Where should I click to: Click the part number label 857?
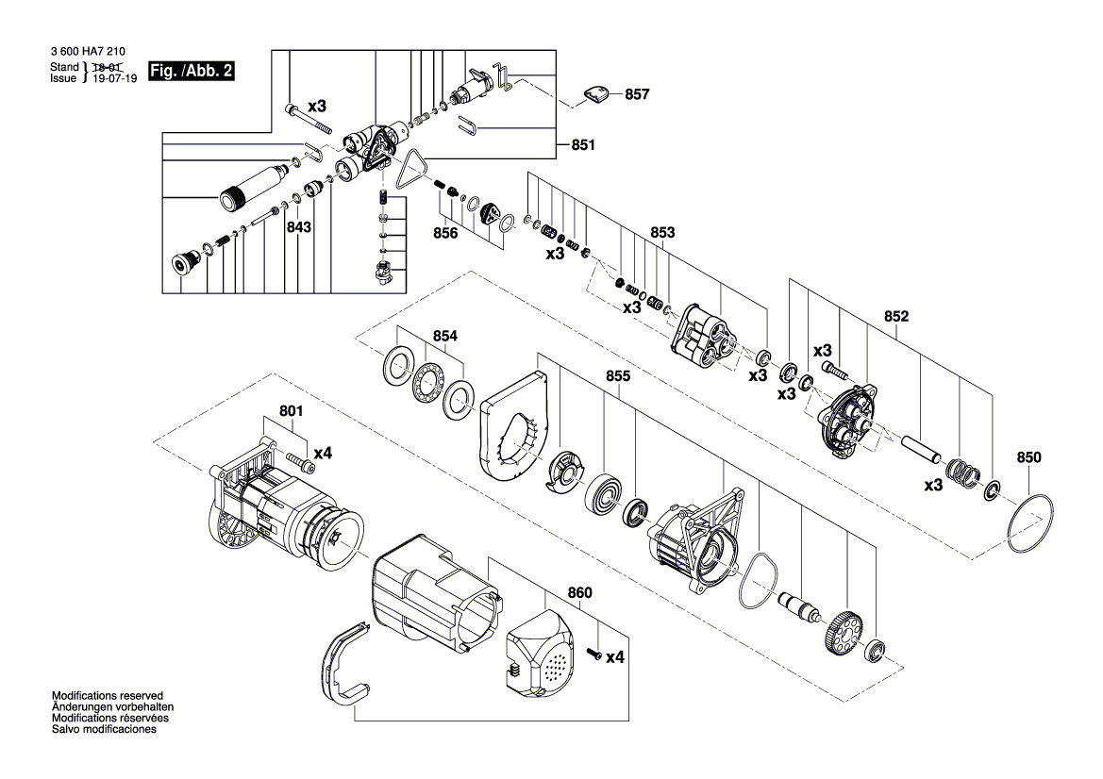pos(637,94)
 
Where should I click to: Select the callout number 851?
pos(583,145)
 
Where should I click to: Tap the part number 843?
pos(299,228)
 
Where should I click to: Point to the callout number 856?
pos(446,233)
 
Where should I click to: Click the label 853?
pos(662,232)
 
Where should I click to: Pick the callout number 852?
pos(896,317)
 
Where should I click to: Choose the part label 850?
pos(1028,457)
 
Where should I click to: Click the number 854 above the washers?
pos(445,336)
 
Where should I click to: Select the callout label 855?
pos(618,376)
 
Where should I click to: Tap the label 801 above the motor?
pos(291,410)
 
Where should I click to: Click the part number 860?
pos(579,593)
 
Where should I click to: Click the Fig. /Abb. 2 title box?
pos(192,71)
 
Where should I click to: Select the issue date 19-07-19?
pos(115,79)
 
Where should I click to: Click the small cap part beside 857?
pos(594,94)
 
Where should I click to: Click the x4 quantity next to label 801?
pos(322,454)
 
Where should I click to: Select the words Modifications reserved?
pos(108,696)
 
